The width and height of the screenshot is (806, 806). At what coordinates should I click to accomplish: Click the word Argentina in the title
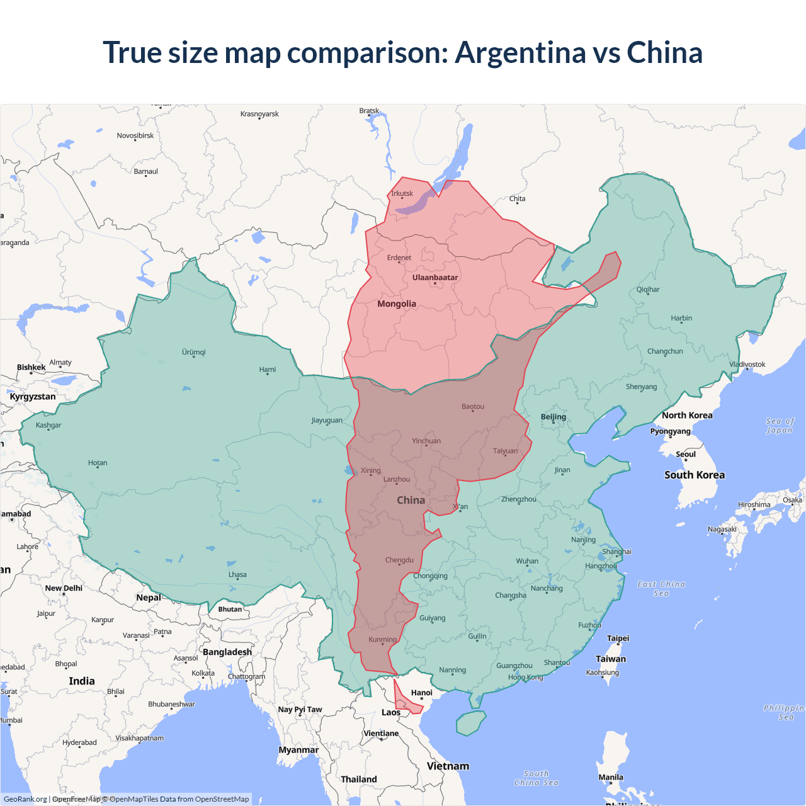pyautogui.click(x=521, y=52)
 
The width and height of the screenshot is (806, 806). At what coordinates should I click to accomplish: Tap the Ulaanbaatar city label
pyautogui.click(x=435, y=278)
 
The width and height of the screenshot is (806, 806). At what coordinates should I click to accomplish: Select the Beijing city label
pyautogui.click(x=553, y=417)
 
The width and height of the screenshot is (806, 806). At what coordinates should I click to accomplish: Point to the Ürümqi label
pyautogui.click(x=194, y=352)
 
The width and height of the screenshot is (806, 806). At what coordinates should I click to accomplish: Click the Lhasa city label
pyautogui.click(x=237, y=574)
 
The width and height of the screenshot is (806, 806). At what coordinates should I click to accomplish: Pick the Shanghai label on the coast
pyautogui.click(x=616, y=552)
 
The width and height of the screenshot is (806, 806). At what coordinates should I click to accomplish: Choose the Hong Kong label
pyautogui.click(x=525, y=677)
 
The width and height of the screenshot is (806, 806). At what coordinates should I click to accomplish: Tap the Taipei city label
pyautogui.click(x=618, y=638)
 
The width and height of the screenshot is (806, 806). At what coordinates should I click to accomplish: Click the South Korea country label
pyautogui.click(x=695, y=475)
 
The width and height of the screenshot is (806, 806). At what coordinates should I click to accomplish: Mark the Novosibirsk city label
pyautogui.click(x=135, y=135)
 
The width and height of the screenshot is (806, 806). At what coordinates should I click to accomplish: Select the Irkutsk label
pyautogui.click(x=402, y=193)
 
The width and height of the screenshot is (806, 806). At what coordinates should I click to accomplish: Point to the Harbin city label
pyautogui.click(x=681, y=318)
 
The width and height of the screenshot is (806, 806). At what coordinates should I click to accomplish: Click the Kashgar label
pyautogui.click(x=48, y=425)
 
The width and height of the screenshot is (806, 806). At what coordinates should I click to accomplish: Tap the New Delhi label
pyautogui.click(x=64, y=588)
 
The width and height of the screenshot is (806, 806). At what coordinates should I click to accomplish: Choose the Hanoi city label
pyautogui.click(x=422, y=693)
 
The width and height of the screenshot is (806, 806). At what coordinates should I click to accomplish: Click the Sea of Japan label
pyautogui.click(x=780, y=426)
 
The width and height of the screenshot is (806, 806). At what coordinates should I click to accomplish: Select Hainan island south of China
pyautogui.click(x=470, y=723)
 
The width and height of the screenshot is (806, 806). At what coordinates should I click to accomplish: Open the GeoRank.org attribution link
pyautogui.click(x=25, y=799)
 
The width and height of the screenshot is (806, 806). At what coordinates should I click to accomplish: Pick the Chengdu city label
pyautogui.click(x=399, y=560)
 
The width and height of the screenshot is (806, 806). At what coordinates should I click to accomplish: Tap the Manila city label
pyautogui.click(x=611, y=777)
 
